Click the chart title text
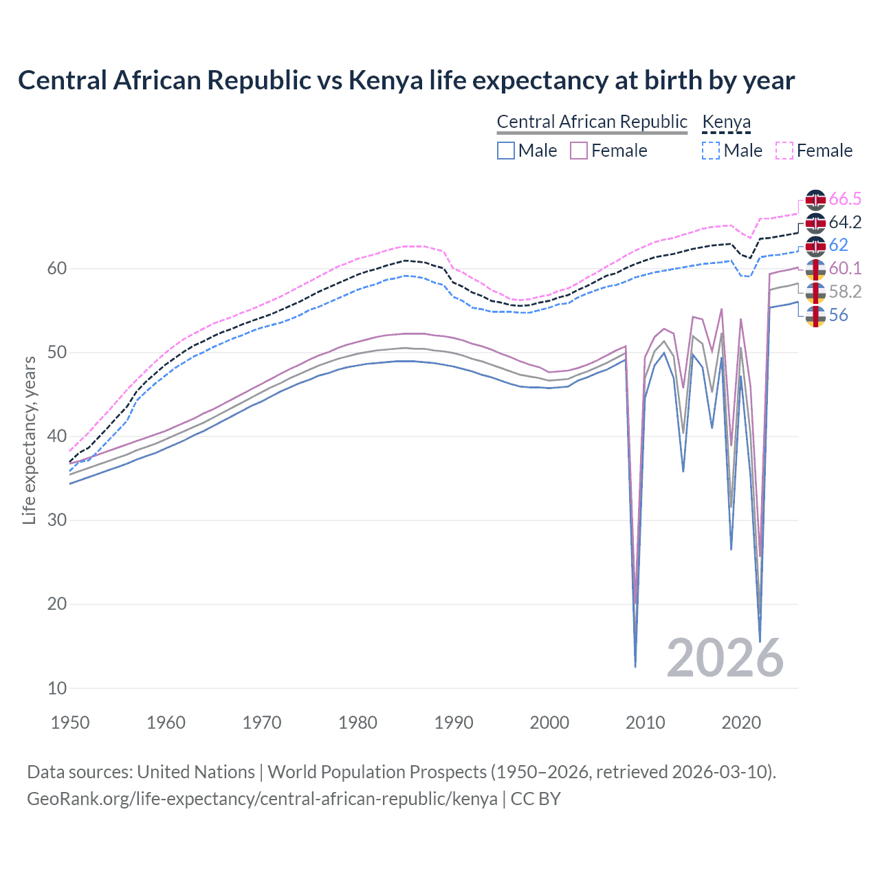click(406, 80)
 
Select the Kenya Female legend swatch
click(784, 151)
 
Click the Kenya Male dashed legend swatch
click(711, 151)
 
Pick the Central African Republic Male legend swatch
click(506, 151)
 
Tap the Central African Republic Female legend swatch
click(579, 151)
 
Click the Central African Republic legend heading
click(592, 122)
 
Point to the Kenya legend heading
click(726, 122)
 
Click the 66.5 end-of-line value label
click(845, 199)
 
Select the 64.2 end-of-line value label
click(845, 223)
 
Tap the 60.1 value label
click(845, 268)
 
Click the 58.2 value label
click(845, 291)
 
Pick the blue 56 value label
click(838, 315)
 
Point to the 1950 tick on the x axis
click(70, 723)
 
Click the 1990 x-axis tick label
click(454, 723)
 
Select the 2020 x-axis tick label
click(741, 723)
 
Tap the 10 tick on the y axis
click(57, 688)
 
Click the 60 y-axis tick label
click(57, 269)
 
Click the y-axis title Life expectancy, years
click(29, 440)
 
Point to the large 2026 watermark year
click(725, 658)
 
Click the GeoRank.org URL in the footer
click(262, 799)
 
